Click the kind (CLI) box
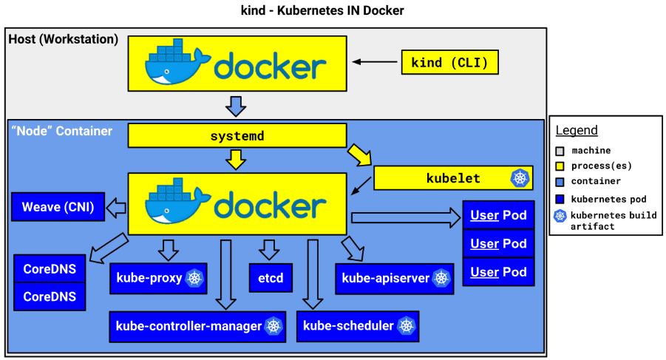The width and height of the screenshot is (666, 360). coord(450,62)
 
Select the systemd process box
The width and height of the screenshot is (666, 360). coord(237,136)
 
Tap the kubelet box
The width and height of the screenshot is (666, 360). coord(453,178)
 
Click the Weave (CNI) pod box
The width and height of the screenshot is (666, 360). coord(58,207)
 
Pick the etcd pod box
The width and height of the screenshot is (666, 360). coord(271,278)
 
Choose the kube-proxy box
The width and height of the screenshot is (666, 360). coord(158,279)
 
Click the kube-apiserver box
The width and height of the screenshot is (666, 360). coord(395,279)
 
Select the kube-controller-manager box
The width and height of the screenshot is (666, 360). coord(197,327)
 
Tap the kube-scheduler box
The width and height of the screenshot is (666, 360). coord(358,326)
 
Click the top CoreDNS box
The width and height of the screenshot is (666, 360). coord(50,269)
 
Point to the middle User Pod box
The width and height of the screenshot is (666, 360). coord(498,244)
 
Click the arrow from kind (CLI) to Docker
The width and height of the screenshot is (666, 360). coord(375,62)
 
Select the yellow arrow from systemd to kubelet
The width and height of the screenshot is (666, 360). coord(359,155)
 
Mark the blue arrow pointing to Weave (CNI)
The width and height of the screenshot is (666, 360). coord(116,208)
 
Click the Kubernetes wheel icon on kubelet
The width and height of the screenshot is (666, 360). coord(520,178)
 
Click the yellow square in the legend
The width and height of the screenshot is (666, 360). coord(560,166)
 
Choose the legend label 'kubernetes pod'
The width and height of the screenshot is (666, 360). coord(608,199)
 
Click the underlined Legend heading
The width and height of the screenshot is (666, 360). coord(577,130)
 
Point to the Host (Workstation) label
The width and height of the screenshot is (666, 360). coord(64,39)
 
